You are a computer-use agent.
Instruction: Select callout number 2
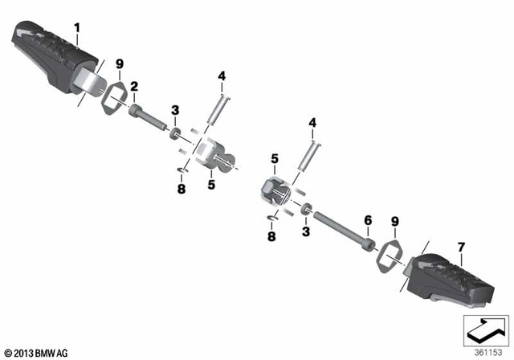pyautogui.click(x=134, y=85)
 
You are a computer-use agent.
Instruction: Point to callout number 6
pyautogui.click(x=368, y=219)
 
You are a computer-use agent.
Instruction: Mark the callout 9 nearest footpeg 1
pyautogui.click(x=119, y=63)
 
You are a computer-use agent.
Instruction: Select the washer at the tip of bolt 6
pyautogui.click(x=308, y=211)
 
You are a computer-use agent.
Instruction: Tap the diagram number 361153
pyautogui.click(x=484, y=351)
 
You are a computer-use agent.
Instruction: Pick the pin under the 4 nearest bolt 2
pyautogui.click(x=216, y=106)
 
